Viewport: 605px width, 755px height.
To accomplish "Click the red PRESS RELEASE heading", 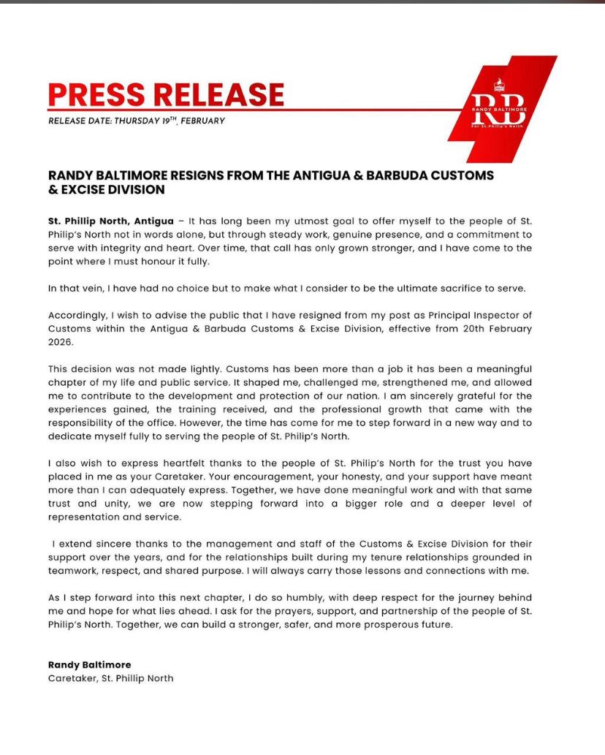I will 166,94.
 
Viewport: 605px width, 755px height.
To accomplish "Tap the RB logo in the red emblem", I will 498,103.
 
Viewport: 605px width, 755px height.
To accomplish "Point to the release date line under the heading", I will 137,121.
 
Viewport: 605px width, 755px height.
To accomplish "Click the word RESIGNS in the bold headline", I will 202,175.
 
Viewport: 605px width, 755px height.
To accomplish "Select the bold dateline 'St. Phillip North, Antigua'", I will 110,221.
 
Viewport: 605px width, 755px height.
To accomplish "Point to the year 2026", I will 61,341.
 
